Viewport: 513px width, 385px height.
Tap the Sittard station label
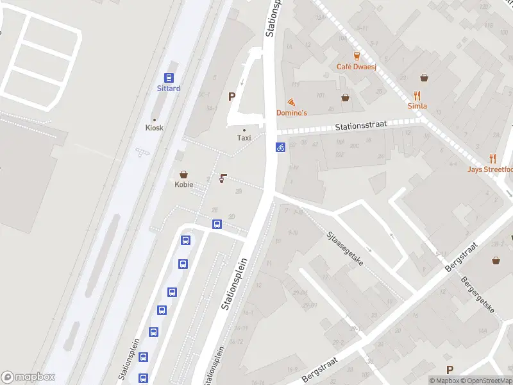(169, 89)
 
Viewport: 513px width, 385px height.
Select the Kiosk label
(155, 128)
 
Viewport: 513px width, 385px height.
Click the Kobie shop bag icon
(184, 174)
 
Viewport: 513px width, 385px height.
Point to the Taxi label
(244, 137)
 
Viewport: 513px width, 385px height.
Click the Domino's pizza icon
(292, 102)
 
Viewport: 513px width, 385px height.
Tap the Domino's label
(292, 113)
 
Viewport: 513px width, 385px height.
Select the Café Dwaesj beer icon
(357, 56)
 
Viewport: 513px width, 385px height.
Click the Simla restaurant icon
(417, 96)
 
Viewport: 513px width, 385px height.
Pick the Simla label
(417, 106)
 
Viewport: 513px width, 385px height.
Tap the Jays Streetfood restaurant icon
(492, 158)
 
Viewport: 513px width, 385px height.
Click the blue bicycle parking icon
(280, 147)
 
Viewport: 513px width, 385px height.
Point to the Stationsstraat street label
(361, 128)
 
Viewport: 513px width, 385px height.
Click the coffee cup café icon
(223, 178)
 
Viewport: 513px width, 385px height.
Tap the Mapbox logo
(28, 377)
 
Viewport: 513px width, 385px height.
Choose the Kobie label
(184, 185)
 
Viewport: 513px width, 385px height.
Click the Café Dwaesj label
(357, 67)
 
